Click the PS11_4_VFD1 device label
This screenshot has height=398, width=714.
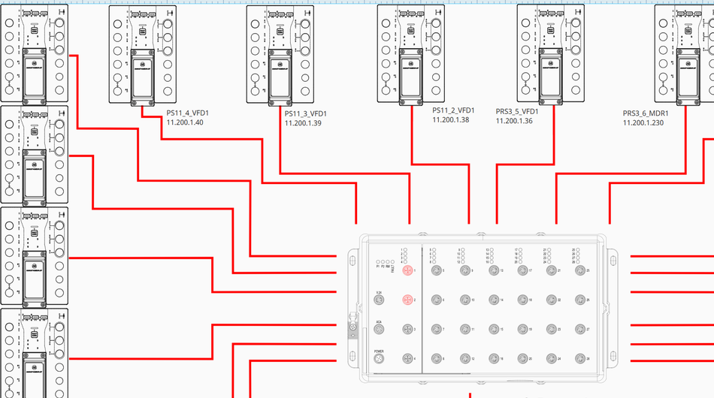click(x=188, y=113)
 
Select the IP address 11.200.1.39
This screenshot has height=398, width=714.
click(x=303, y=123)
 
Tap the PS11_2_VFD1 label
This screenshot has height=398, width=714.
click(x=453, y=110)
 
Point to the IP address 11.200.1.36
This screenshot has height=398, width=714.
click(x=514, y=121)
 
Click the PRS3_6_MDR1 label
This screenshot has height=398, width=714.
click(x=646, y=113)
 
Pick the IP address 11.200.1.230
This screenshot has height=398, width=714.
click(x=643, y=123)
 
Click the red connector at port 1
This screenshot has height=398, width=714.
click(x=407, y=270)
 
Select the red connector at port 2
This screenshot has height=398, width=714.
click(x=407, y=300)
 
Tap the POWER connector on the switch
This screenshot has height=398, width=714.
click(x=380, y=358)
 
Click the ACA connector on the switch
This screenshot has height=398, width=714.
click(x=380, y=329)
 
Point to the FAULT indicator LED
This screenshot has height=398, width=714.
click(x=393, y=264)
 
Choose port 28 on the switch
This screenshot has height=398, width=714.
click(x=579, y=358)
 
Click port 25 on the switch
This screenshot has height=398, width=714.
click(x=579, y=270)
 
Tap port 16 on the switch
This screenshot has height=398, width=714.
click(x=493, y=358)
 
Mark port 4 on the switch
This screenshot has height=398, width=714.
click(x=407, y=358)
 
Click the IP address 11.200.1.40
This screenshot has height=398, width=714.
click(x=185, y=123)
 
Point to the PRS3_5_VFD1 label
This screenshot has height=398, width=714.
click(x=517, y=111)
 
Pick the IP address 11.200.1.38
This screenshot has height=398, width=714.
click(x=451, y=119)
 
